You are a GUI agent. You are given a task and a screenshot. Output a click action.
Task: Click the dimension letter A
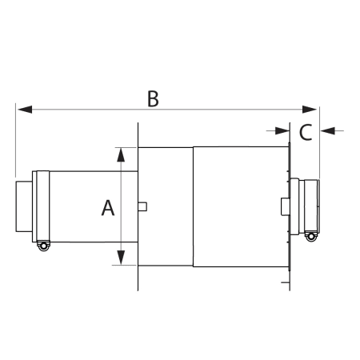point(108,208)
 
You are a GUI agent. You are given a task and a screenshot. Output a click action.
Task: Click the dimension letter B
point(154,98)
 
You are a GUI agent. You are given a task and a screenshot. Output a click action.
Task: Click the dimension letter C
point(305,133)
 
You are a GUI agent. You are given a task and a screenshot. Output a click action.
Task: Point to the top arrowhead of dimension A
point(121,153)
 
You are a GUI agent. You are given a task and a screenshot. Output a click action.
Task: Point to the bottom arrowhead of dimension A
point(121,258)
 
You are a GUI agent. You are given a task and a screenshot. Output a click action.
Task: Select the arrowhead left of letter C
point(283,129)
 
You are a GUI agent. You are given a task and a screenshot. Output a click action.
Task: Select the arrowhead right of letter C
point(326,129)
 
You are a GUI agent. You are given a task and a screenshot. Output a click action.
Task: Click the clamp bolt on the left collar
point(42,247)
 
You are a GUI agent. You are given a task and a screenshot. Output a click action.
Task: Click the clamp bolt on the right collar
point(310,235)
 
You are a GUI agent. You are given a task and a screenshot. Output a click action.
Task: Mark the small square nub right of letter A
point(142,206)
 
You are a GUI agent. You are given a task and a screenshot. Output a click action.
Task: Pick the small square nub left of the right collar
point(285,206)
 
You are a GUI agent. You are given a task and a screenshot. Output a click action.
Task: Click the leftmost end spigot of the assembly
point(23,206)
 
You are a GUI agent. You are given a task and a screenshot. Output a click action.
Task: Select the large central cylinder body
point(240,206)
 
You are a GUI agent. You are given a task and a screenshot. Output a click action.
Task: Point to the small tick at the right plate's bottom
point(286,282)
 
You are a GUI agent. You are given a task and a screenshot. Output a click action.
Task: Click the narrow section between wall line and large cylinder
point(166,206)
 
